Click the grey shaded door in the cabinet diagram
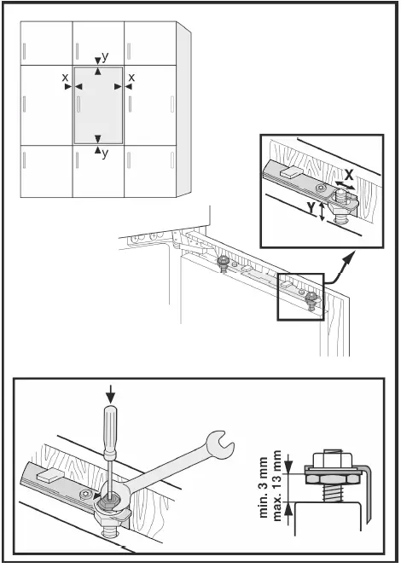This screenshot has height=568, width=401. (x=99, y=105)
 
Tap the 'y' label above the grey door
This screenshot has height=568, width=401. (x=104, y=56)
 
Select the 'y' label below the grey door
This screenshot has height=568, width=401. (x=104, y=154)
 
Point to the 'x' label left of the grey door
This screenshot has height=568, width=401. (x=65, y=78)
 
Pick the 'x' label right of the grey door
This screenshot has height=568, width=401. (x=131, y=78)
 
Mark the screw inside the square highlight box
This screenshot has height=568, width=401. (x=312, y=298)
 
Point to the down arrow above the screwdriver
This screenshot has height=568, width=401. (x=111, y=394)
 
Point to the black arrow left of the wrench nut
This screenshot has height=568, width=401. (x=92, y=489)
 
